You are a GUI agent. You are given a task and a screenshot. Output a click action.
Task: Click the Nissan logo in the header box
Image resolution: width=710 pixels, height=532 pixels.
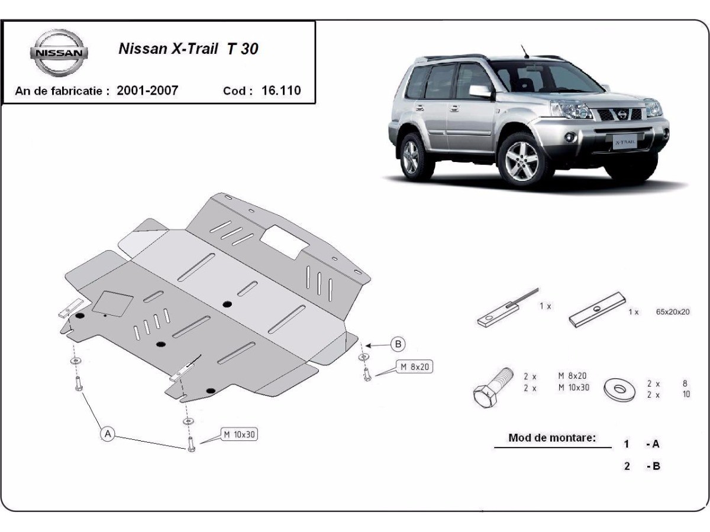tap(59, 53)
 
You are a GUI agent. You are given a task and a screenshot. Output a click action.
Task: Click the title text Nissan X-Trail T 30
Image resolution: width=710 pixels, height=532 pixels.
tap(189, 49)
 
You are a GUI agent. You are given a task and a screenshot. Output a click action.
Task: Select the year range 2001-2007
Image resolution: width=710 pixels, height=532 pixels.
tap(147, 90)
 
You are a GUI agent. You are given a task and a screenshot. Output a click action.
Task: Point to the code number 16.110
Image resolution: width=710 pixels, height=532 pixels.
tap(281, 90)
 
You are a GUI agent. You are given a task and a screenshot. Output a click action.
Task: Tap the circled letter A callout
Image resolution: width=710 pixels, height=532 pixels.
tap(108, 434)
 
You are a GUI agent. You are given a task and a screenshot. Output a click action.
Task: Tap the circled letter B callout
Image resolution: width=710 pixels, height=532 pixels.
tap(398, 345)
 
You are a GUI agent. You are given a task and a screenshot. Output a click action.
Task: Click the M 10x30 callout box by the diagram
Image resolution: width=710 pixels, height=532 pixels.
tap(240, 434)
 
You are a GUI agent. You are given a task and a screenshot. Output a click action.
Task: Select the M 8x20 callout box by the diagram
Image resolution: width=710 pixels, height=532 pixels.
tap(415, 367)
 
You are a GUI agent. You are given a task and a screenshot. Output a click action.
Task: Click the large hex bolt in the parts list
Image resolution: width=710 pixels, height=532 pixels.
tap(492, 388)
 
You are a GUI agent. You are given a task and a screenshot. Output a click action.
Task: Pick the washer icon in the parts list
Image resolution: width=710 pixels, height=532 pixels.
tap(619, 390)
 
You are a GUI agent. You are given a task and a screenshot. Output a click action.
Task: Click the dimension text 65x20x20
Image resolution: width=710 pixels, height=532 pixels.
tap(673, 312)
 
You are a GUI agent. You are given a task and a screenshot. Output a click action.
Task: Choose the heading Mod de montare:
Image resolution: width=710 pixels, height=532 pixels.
tap(552, 437)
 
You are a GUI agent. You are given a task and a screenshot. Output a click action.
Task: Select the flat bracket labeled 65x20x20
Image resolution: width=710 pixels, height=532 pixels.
tap(597, 310)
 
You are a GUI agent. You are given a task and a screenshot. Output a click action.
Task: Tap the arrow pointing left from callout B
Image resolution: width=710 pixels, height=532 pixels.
tap(378, 345)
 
